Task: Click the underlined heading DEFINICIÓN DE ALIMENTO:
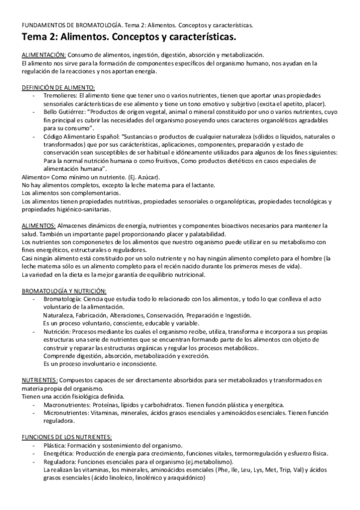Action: (53, 88)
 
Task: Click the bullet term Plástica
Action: (56, 444)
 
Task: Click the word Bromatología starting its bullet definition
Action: (64, 299)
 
